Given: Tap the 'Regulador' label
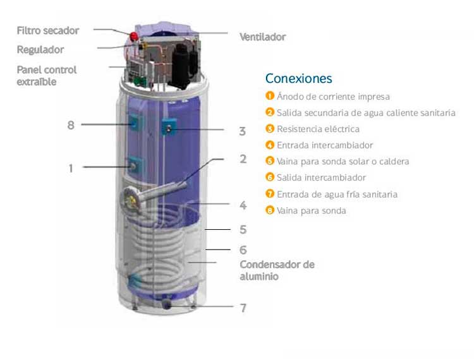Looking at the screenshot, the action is coord(40,49).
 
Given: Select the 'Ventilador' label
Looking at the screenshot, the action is coord(262,37).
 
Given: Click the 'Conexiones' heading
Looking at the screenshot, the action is coord(298,79).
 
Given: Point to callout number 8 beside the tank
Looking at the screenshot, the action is coord(71,125).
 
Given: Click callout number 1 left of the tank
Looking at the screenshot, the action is coord(71,168).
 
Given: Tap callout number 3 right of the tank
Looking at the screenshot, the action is coord(242,131).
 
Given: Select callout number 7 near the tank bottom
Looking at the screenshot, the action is coord(243,308).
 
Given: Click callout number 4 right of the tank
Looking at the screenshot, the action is coord(243,205).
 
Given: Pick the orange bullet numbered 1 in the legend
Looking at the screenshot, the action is coord(270,97).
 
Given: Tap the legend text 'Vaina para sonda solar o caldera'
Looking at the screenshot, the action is coord(343,162).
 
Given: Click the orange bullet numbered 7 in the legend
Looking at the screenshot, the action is coord(270,195).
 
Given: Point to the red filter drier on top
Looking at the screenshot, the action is coord(135,34).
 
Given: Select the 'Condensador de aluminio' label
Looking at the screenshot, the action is coord(277,270).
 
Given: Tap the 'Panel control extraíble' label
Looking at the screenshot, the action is coord(47,76).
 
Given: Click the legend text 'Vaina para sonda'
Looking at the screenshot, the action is coord(312,211).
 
